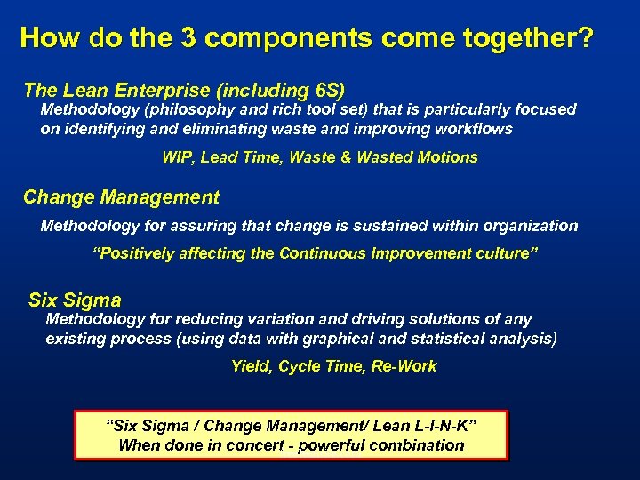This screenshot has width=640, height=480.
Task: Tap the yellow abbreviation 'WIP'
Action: tap(177, 157)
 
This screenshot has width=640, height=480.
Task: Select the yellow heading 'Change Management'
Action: tap(121, 197)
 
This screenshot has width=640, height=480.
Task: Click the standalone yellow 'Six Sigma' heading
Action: tap(75, 300)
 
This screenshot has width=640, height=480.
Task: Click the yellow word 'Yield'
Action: tap(251, 366)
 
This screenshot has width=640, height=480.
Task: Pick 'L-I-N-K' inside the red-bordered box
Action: tap(443, 426)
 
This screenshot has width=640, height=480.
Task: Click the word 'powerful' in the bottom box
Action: tap(332, 444)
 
